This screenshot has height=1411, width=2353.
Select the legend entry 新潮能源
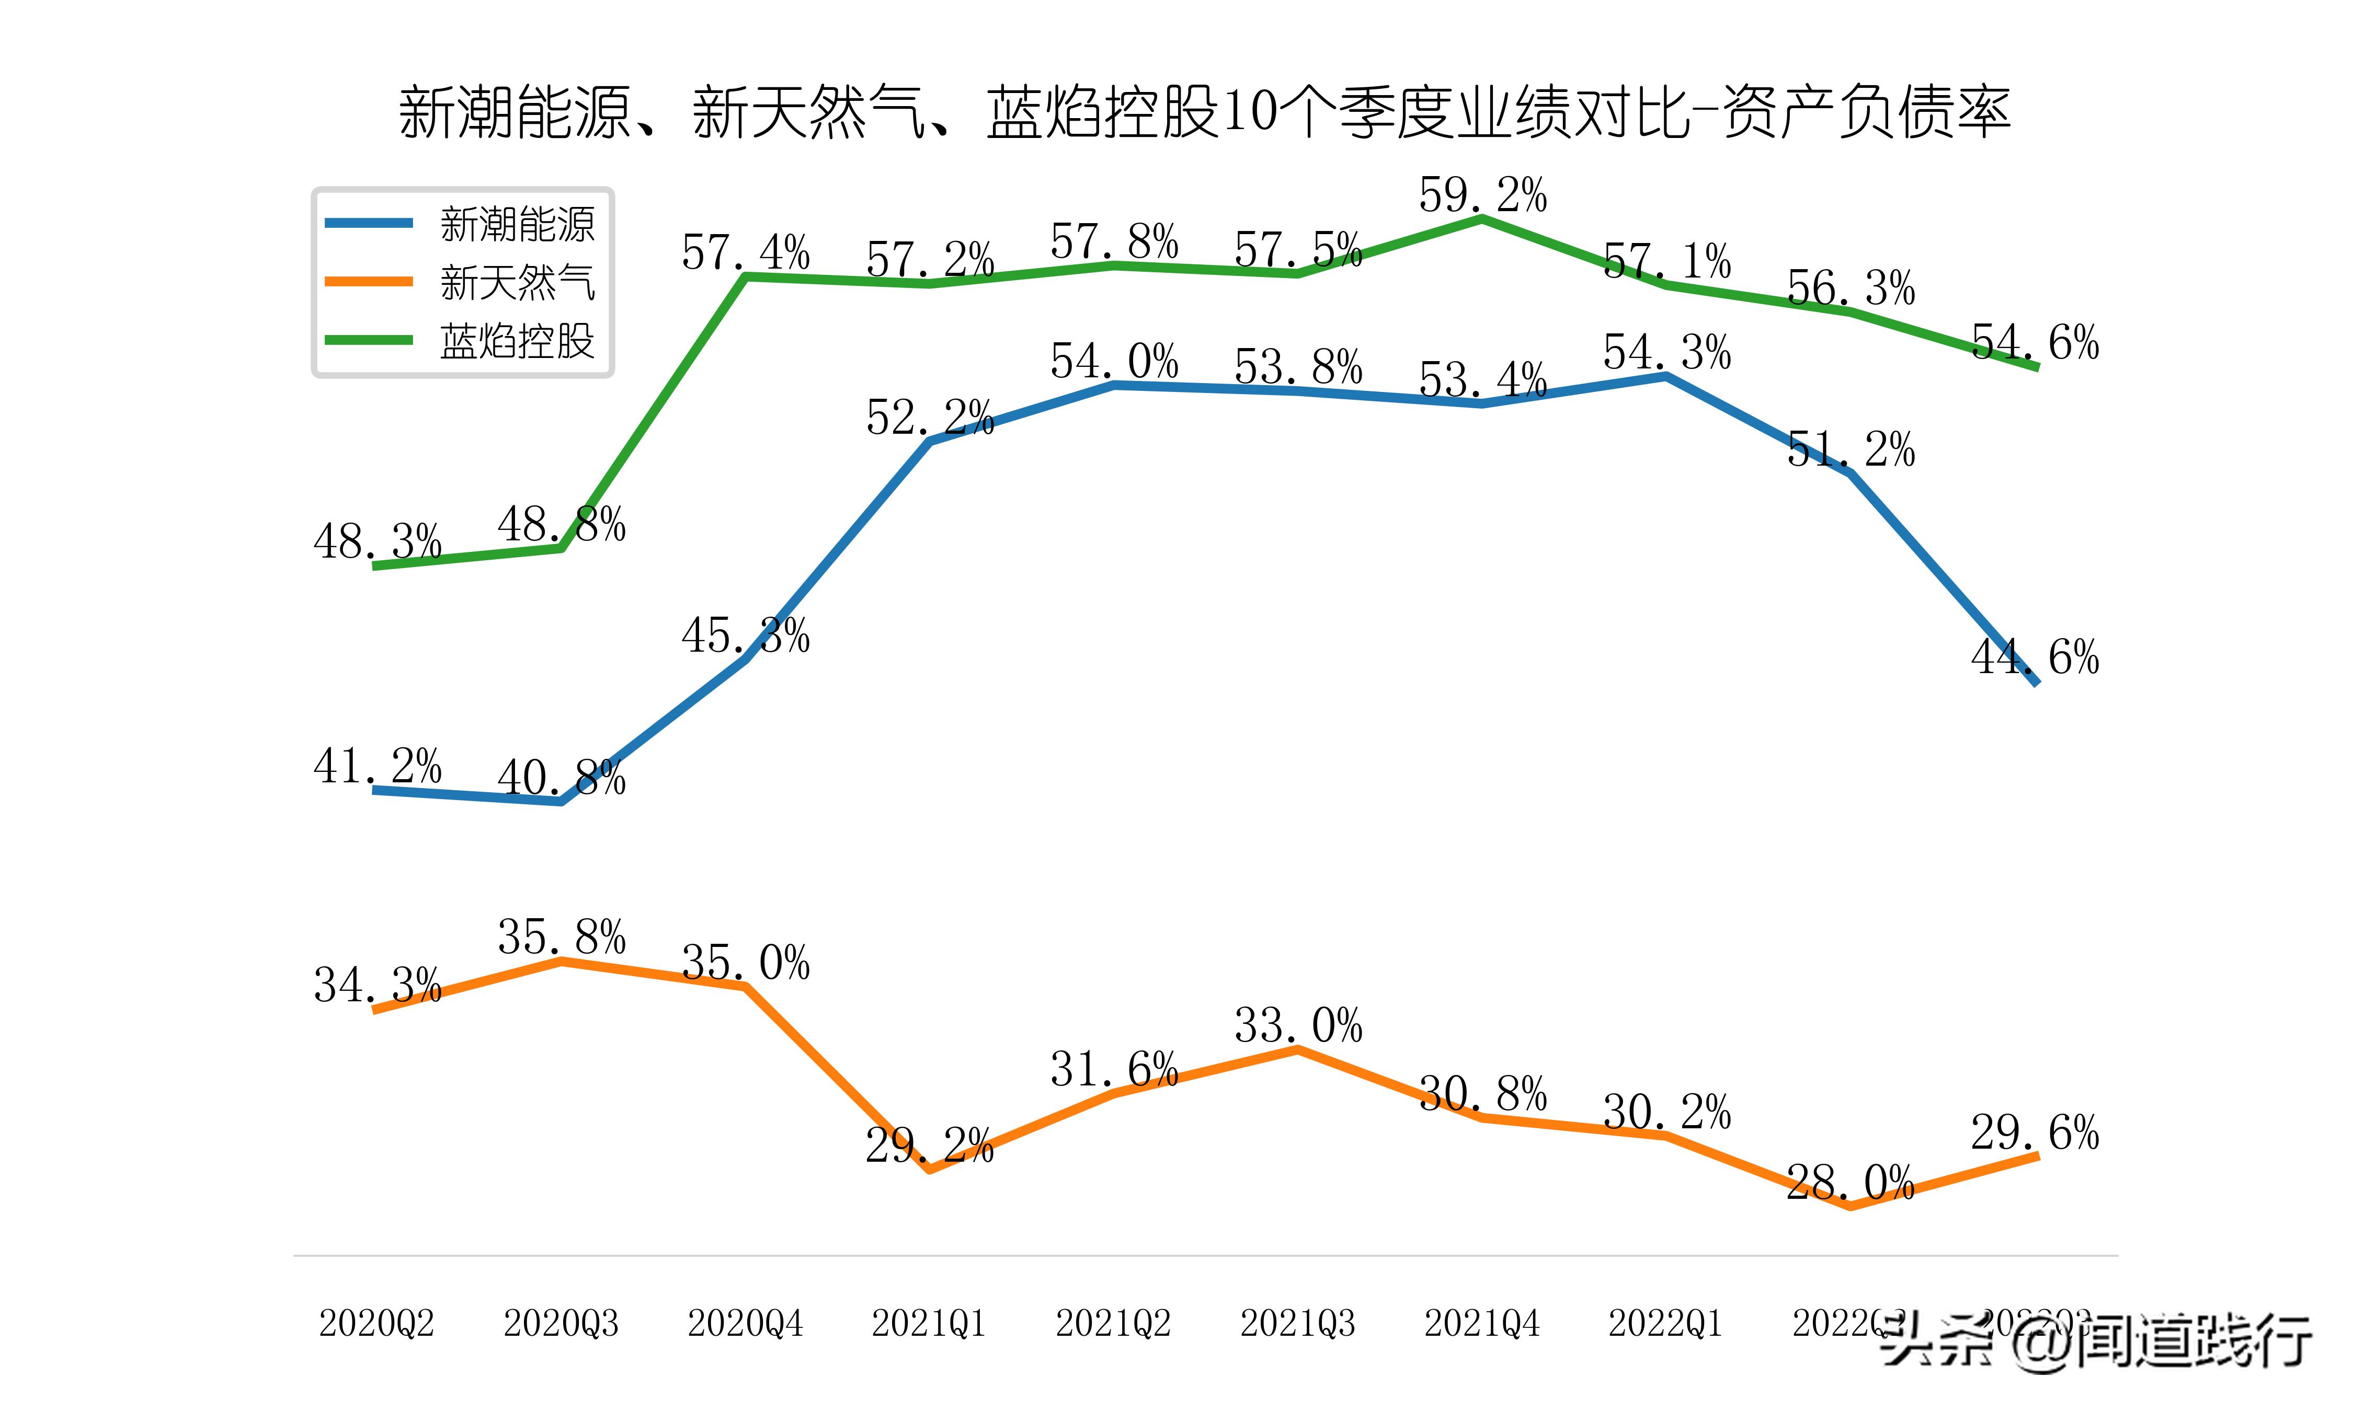[517, 224]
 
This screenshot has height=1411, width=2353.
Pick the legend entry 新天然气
[517, 282]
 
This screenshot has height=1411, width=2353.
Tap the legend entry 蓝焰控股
[517, 340]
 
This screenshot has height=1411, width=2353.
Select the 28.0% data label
[1850, 1183]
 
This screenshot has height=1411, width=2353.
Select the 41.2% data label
[378, 766]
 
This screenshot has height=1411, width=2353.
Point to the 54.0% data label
[1114, 361]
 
